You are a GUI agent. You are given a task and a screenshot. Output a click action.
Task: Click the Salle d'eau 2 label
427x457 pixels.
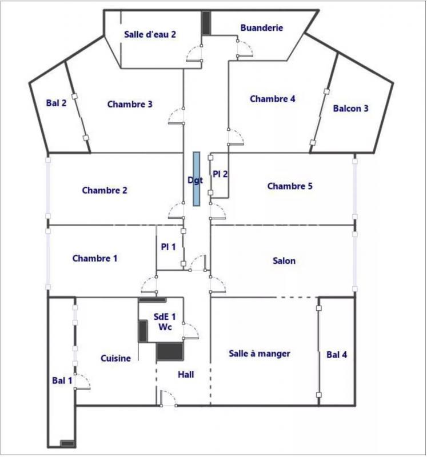point(150,34)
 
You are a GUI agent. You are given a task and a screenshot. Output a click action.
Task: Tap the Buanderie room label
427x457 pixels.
point(262,27)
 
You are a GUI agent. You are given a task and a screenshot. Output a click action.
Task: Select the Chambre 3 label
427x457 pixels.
point(130,104)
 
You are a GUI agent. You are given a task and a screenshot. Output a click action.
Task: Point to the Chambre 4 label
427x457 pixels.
point(273,99)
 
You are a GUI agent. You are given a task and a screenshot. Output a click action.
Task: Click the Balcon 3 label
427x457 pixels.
point(350,108)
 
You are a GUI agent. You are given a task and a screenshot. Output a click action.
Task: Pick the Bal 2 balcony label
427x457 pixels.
point(57,103)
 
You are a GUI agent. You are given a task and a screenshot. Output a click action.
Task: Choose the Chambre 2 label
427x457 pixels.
point(105,190)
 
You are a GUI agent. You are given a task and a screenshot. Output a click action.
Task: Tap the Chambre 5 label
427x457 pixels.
point(290,186)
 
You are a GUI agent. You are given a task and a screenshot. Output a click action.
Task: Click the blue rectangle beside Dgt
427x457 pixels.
point(197,179)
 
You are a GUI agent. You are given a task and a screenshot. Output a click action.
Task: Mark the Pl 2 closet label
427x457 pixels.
point(221,174)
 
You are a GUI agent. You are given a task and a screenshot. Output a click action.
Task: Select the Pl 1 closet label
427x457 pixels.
point(168,247)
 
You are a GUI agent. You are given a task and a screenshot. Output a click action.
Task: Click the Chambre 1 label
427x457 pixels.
point(95,258)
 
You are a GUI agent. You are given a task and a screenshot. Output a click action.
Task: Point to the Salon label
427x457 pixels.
point(284,260)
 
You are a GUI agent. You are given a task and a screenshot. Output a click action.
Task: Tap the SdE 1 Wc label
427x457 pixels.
point(165,322)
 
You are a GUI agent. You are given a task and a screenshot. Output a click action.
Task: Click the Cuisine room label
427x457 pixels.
point(116,358)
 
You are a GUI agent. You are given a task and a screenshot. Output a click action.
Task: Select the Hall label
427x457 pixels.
point(186,375)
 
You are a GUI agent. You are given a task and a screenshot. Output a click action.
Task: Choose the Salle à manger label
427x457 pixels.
point(260,354)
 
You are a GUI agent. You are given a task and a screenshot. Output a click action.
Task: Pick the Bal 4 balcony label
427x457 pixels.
point(337,355)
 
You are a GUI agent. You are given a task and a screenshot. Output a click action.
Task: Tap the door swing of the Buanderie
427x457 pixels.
point(245,49)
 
